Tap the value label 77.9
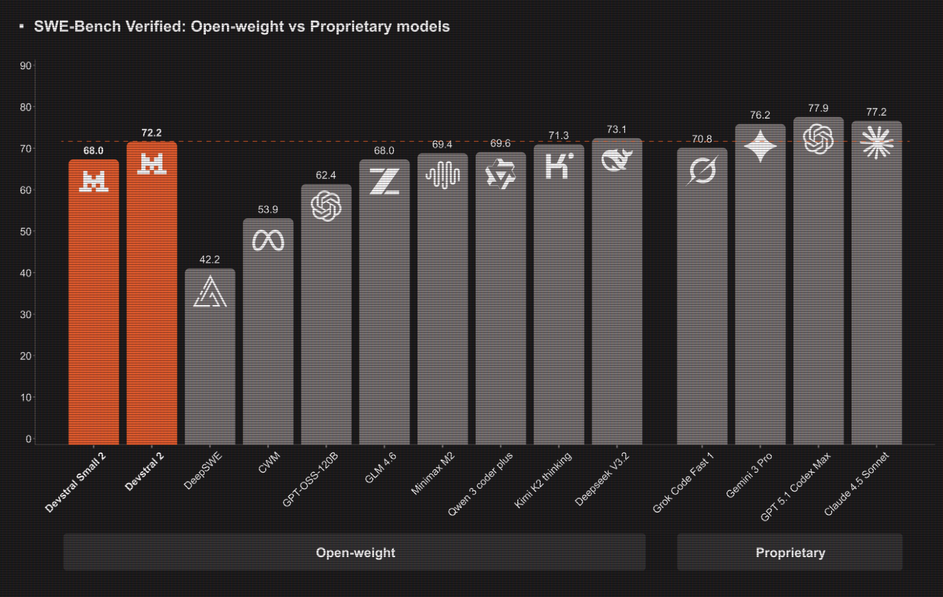tap(818, 108)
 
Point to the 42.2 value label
tap(209, 260)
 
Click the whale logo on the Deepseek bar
tap(617, 160)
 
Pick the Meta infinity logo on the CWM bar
tap(268, 240)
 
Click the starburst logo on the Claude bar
tap(876, 143)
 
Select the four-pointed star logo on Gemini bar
tap(760, 146)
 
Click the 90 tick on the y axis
tap(25, 66)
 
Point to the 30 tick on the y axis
tap(25, 315)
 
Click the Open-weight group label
tap(355, 552)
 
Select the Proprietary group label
tap(790, 552)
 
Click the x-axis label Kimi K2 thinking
tap(543, 480)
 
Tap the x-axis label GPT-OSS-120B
tap(310, 479)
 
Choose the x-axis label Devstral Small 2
tap(76, 482)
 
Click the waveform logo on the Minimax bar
tap(442, 175)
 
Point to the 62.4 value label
tap(325, 175)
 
